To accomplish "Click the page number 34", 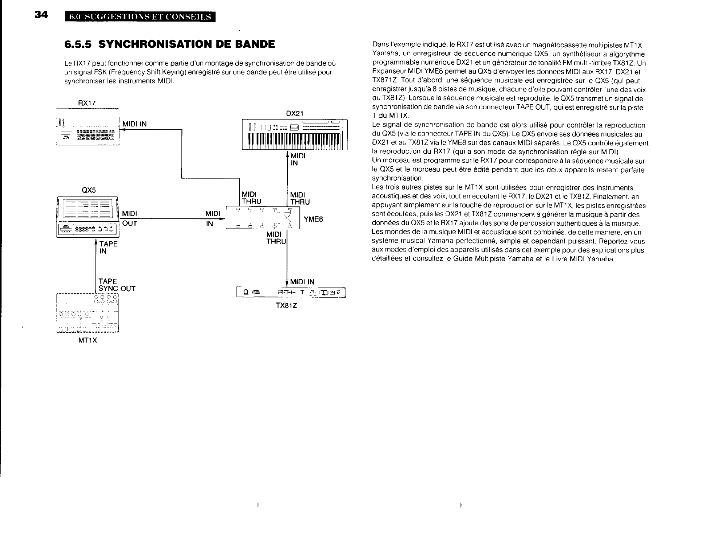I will pos(41,15).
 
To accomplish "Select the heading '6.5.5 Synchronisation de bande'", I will pos(170,44).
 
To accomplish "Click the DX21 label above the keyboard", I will pos(294,113).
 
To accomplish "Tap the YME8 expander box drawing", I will pos(263,218).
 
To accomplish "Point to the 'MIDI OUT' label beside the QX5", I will pos(129,219).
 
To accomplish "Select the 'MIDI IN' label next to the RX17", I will pos(134,124).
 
